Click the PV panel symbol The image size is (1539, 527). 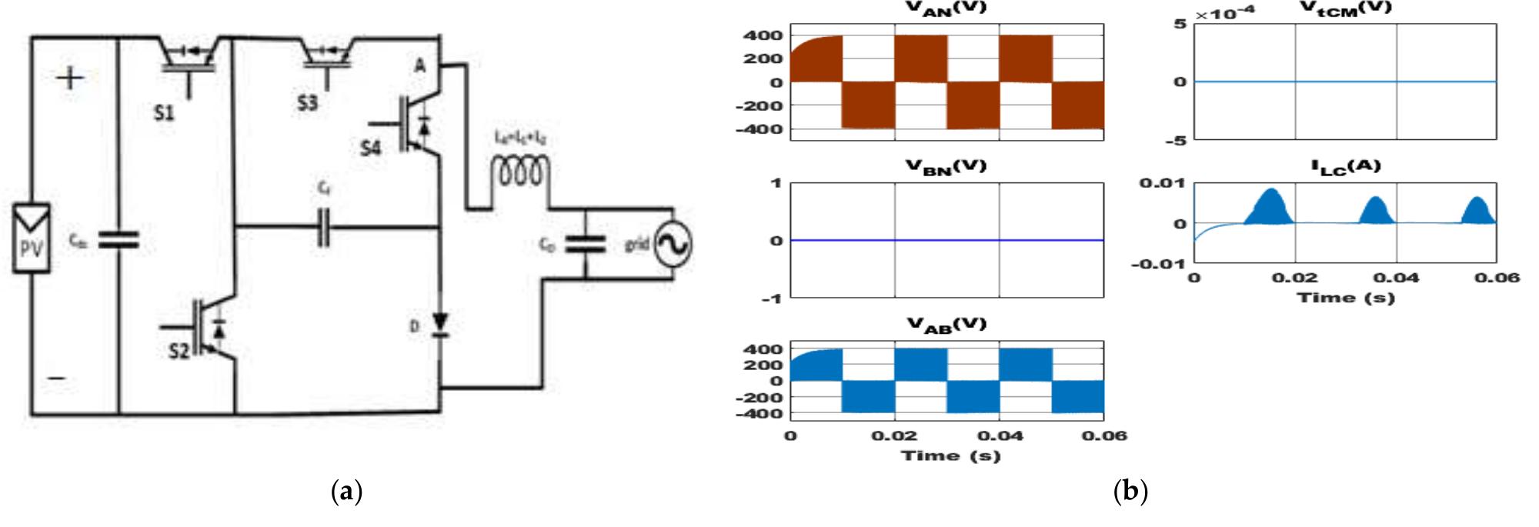32,238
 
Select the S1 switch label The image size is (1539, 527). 162,113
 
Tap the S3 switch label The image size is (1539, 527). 307,103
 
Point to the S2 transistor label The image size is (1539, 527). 179,351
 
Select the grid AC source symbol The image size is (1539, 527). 672,245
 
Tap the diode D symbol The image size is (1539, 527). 439,324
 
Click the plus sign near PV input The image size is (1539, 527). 70,78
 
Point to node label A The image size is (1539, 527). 419,66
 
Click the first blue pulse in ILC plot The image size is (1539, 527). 1271,209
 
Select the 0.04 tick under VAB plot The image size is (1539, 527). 1000,435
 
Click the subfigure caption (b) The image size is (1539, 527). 1130,490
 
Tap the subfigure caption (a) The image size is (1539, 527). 346,490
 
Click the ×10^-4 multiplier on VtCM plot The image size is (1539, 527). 1225,14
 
